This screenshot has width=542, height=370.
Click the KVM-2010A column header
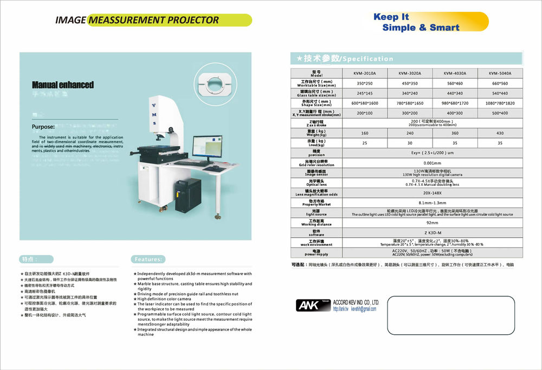[365, 73]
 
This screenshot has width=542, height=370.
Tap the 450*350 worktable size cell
[409, 83]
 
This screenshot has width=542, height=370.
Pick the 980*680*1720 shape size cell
[455, 103]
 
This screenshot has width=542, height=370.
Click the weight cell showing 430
[500, 133]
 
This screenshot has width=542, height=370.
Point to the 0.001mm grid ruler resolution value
[432, 163]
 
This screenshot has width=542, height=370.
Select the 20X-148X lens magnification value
[432, 193]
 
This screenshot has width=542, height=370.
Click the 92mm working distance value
[432, 223]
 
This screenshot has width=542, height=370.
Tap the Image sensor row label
[317, 173]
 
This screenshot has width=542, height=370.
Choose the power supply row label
[317, 252]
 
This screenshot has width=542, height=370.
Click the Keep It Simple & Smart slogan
[416, 22]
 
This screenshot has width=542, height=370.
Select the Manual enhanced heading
[63, 85]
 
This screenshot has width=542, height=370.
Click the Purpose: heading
[43, 127]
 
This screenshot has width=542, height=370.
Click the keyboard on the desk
[192, 163]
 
